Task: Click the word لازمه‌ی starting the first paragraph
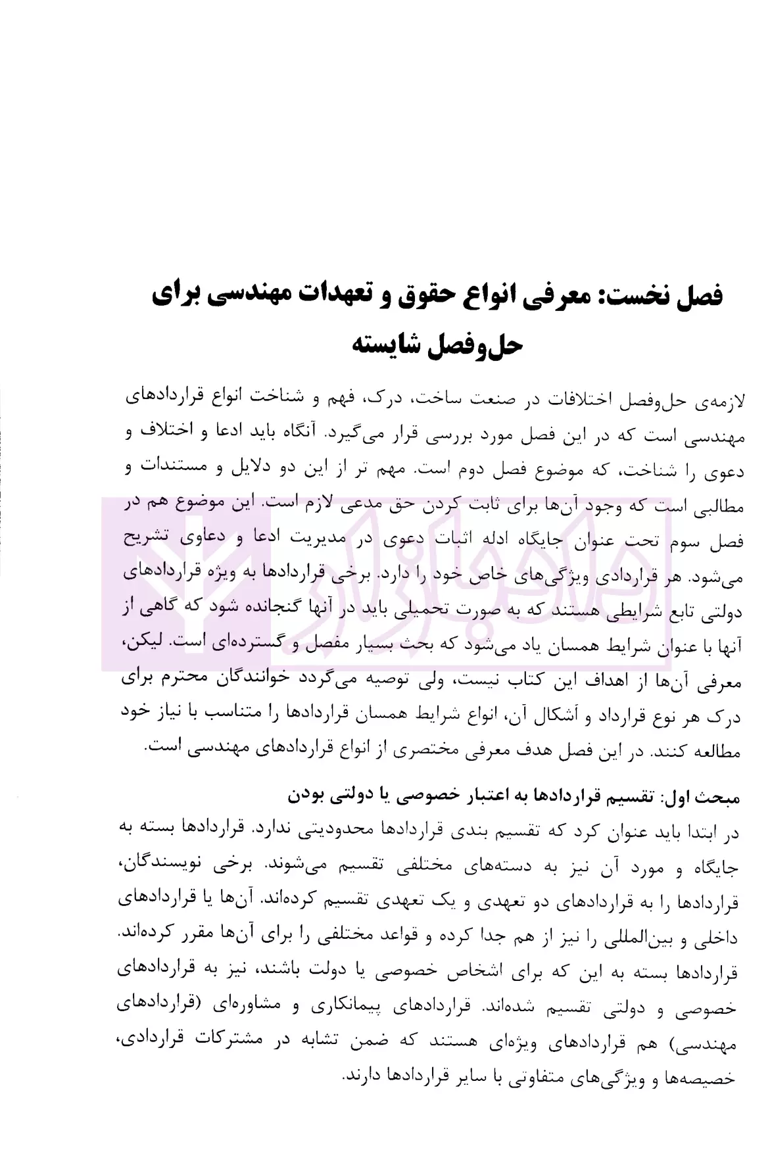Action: pos(717,400)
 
